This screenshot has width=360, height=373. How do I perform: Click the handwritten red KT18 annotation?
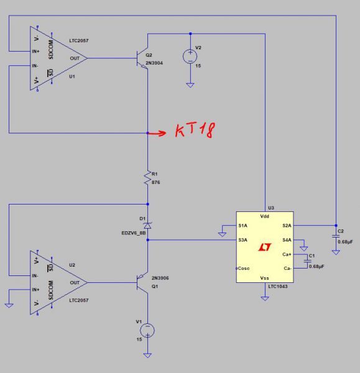point(195,130)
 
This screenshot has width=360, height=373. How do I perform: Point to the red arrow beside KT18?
point(157,133)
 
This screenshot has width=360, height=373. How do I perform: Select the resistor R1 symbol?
point(147,177)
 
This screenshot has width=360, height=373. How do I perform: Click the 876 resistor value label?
point(156,182)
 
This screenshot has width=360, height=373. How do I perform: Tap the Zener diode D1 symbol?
point(147,225)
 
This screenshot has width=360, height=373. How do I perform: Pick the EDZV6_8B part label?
point(134,233)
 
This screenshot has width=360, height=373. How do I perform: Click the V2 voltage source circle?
point(190,57)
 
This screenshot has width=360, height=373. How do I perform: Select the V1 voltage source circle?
point(147,331)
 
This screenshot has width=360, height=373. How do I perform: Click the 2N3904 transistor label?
point(154,63)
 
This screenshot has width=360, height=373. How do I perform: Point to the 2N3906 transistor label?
point(160,278)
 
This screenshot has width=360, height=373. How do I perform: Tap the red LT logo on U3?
point(265,247)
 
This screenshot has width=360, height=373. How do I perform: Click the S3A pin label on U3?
point(242,240)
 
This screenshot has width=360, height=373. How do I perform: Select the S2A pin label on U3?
point(287,226)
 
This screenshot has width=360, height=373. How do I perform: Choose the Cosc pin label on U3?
point(244,269)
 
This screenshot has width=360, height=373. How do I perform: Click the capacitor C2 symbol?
point(336,236)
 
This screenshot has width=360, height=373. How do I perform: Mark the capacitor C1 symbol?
point(307,261)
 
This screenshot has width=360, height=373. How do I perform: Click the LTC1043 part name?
point(278,287)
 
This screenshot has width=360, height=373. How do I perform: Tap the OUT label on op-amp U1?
point(75,58)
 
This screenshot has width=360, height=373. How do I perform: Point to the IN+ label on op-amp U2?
point(35,290)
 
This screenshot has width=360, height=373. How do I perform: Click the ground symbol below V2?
point(190,85)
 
